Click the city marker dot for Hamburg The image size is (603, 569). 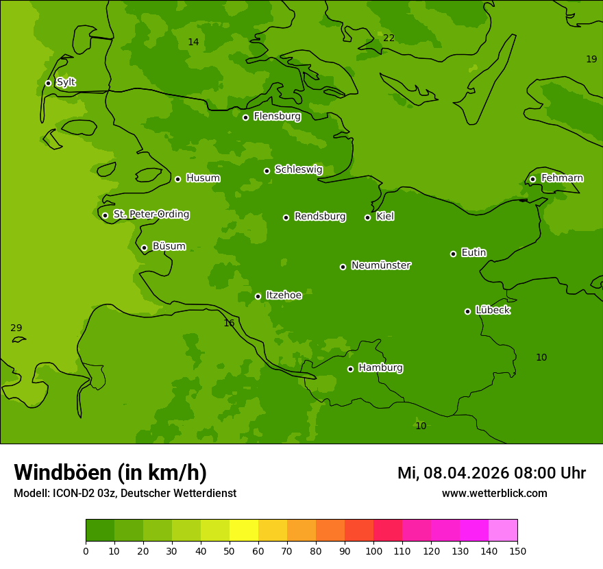point(350,369)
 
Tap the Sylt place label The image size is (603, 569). point(66,82)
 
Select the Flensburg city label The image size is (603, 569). point(277,117)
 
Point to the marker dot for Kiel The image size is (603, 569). point(367,217)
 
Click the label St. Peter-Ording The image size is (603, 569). point(151,215)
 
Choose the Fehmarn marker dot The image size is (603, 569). point(532,179)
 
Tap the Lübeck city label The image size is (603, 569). point(493,311)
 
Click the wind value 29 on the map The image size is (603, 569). point(16,328)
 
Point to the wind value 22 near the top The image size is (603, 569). point(389,38)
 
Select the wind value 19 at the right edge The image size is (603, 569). point(591,60)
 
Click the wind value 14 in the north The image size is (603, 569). point(193,43)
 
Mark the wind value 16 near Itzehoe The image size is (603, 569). point(229,324)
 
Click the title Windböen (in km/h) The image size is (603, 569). point(110,472)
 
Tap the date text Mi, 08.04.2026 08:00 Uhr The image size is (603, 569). point(491,473)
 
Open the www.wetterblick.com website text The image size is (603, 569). point(494,494)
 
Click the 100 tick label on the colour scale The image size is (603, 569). point(373,551)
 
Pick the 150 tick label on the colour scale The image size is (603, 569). point(517,551)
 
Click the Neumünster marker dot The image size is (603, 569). point(343,267)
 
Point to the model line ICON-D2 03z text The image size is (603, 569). point(125,494)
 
